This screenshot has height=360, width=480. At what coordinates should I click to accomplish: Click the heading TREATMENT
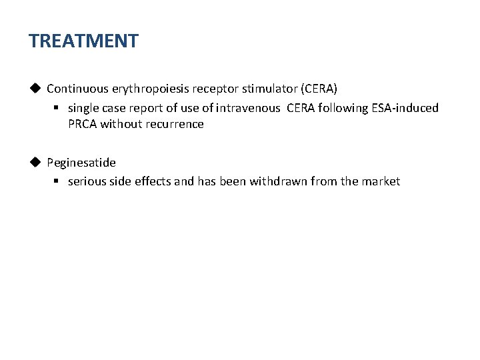coord(83,41)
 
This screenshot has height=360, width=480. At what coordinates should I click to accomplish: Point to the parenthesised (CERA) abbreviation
coord(319,89)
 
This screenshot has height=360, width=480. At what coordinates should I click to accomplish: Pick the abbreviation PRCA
coord(83,124)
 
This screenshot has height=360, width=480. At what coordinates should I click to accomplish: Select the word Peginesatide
coord(81,163)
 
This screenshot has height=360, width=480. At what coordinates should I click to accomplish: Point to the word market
coord(381,181)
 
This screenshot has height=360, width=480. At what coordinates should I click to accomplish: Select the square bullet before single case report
coord(57,108)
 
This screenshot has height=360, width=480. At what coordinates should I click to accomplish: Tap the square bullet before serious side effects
coord(57,181)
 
